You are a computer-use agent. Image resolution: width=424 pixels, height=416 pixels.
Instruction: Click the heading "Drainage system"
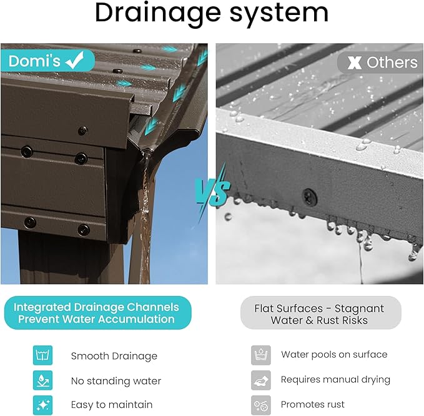click(x=212, y=13)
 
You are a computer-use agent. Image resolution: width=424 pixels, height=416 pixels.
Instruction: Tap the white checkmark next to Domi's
click(x=75, y=61)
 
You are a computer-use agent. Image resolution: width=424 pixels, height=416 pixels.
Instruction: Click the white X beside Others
click(x=355, y=63)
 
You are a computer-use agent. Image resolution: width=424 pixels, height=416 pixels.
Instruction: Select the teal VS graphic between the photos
click(x=213, y=191)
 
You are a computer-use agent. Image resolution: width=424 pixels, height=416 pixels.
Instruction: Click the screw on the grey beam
click(x=310, y=196)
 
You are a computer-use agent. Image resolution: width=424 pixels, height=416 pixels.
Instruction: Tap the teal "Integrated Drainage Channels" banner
click(x=97, y=313)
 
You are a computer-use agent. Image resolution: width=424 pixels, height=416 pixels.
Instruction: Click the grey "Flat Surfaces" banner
click(x=321, y=313)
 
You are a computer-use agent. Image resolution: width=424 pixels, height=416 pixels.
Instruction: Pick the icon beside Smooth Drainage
click(x=42, y=355)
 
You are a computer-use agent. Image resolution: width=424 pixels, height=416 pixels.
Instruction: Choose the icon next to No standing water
click(x=42, y=380)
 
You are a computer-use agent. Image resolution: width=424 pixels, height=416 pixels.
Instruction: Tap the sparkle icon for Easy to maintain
click(x=42, y=405)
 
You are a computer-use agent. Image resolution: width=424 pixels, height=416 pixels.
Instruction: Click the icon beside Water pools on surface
click(x=260, y=355)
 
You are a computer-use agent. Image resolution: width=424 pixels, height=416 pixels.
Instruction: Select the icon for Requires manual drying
click(x=260, y=380)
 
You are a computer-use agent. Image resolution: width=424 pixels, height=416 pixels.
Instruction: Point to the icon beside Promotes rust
click(x=260, y=405)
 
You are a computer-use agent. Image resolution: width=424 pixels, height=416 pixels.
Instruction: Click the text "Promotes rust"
click(x=313, y=404)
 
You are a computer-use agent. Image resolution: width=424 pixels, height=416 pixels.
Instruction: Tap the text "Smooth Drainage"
click(x=114, y=356)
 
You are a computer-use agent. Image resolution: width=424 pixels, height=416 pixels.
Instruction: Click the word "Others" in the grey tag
click(x=392, y=63)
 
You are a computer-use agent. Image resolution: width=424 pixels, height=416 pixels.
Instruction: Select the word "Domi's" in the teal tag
click(x=34, y=61)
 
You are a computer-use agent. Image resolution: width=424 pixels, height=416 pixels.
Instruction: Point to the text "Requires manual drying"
click(x=335, y=380)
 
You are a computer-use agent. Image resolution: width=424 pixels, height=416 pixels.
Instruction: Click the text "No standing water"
click(x=116, y=381)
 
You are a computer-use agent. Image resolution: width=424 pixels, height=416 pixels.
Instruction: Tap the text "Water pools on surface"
click(x=334, y=355)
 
